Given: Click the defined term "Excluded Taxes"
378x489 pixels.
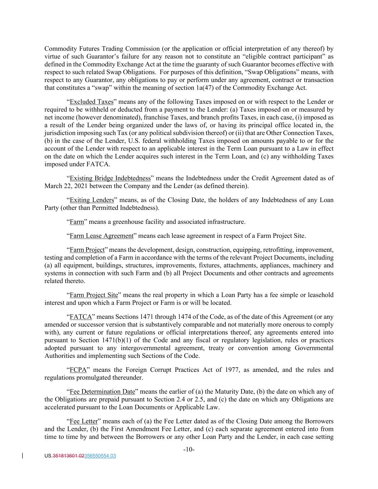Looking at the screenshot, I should coord(91,102).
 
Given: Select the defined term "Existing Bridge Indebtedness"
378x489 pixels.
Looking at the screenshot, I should coord(110,178).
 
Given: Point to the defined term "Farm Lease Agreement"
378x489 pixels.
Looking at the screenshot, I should coord(101,236).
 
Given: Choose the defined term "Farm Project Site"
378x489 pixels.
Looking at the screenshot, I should coord(94,295).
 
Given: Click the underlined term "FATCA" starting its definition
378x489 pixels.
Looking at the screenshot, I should coord(81,317).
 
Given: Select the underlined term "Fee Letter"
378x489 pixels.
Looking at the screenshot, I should coord(83,421).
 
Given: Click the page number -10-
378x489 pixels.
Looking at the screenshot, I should coord(189,449).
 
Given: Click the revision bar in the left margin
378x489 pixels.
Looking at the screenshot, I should coord(23,456).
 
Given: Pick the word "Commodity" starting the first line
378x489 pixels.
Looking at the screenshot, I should coord(59,49).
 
